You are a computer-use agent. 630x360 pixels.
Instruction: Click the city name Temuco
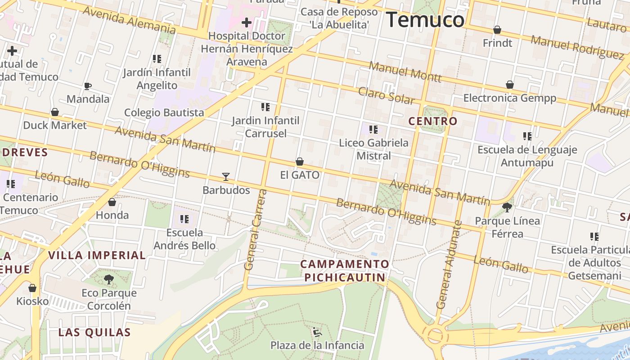tap(425, 20)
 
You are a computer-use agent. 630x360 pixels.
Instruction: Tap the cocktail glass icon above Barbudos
tap(226, 177)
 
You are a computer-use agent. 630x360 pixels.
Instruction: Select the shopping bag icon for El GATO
tap(300, 162)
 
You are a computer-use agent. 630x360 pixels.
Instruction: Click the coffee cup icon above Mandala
tap(88, 86)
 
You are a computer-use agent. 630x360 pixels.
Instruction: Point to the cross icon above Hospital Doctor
tap(247, 22)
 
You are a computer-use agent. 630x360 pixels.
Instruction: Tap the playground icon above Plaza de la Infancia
tap(317, 333)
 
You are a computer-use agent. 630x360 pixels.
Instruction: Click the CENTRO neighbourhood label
tap(433, 121)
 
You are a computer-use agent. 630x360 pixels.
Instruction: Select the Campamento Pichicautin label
tap(345, 270)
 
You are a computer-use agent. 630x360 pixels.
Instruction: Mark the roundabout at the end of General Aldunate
tap(435, 335)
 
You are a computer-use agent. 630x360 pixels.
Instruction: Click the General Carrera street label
tap(255, 229)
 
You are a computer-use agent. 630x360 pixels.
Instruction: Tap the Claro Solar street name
tap(386, 96)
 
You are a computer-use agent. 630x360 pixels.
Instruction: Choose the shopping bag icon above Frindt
tap(497, 30)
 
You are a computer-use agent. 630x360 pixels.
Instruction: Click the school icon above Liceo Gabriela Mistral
tap(373, 130)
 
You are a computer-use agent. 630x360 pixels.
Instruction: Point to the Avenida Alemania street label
tap(129, 20)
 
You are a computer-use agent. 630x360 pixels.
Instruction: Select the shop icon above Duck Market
tap(55, 112)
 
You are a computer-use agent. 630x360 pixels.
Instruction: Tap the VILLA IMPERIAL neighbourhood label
tap(97, 256)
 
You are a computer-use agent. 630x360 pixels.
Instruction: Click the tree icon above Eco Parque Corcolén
tap(109, 279)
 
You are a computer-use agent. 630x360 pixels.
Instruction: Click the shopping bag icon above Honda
tap(112, 202)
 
